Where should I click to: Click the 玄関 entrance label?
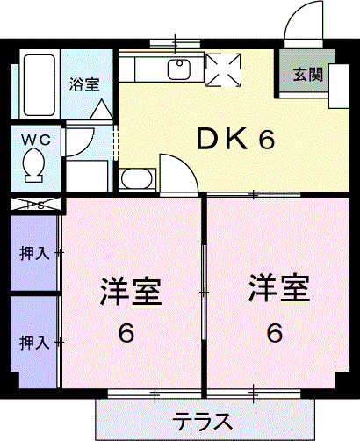pos(307,75)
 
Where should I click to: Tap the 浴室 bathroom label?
pos(84,85)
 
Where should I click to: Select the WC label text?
pos(35,139)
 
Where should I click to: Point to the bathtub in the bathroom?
pos(38,84)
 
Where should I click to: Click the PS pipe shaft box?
pos(36,206)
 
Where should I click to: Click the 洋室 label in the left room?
pos(130,291)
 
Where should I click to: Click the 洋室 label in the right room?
pos(278,289)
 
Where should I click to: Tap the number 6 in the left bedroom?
pos(128,334)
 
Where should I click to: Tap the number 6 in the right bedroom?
pos(275,334)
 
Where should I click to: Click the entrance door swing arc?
pos(304,23)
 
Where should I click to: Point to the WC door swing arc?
pos(80,141)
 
